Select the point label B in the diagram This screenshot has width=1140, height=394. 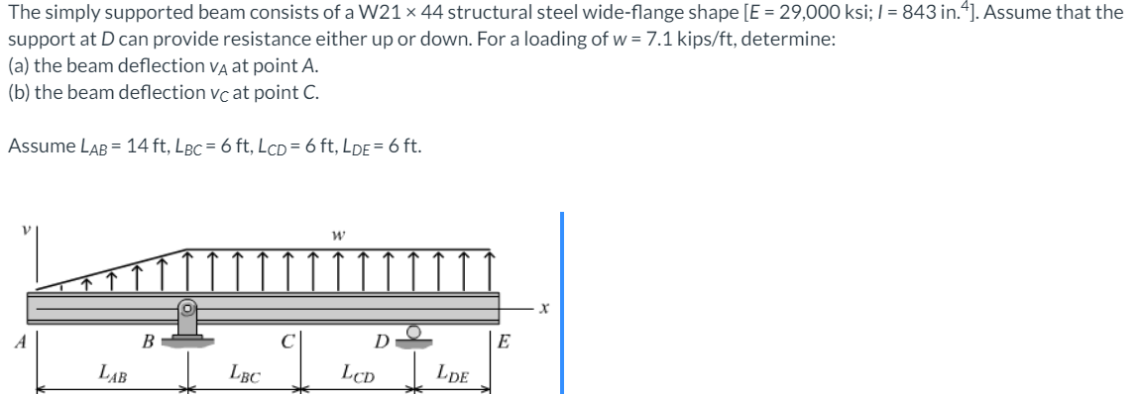(x=147, y=344)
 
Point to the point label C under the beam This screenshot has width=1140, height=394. (x=286, y=344)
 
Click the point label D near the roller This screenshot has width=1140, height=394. (x=381, y=344)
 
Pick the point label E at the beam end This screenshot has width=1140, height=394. (x=505, y=344)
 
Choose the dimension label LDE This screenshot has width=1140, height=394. (x=452, y=373)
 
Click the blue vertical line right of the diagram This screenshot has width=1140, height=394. (x=561, y=302)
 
